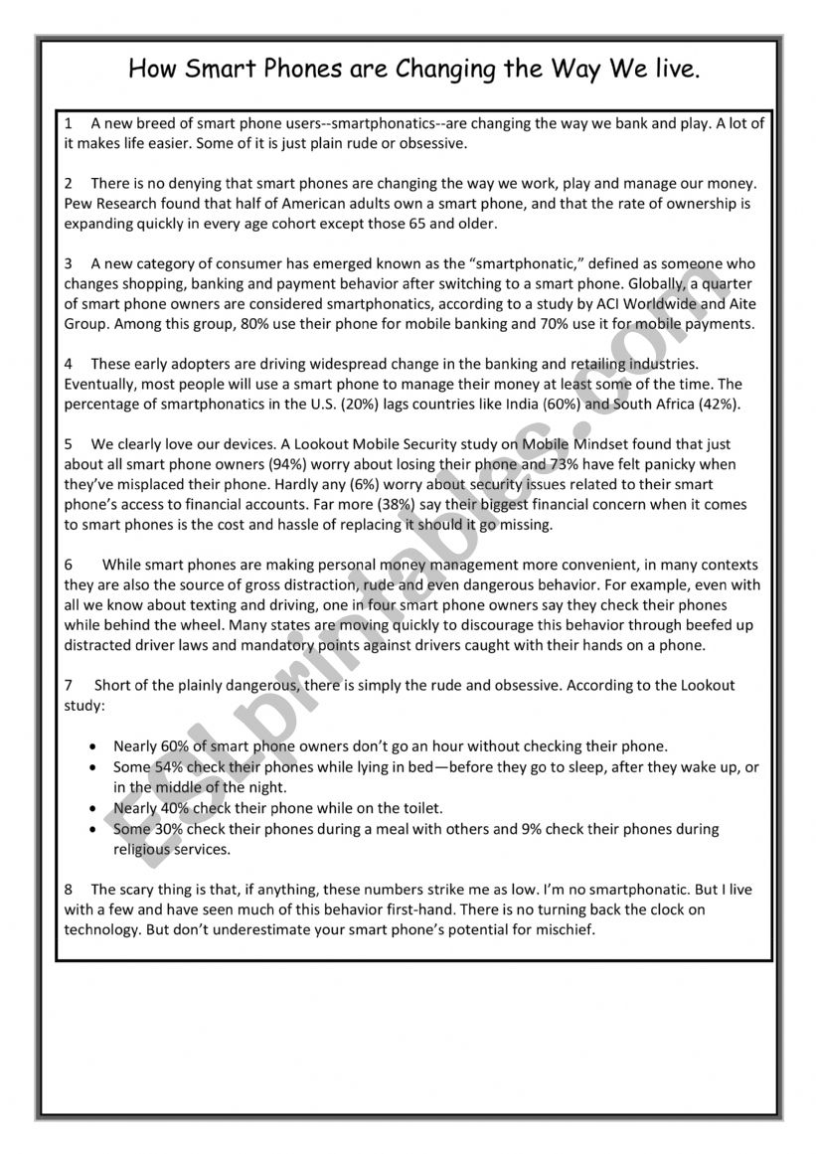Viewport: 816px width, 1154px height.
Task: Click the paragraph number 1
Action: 69,124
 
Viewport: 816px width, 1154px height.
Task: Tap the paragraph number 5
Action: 69,444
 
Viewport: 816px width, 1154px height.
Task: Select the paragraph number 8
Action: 69,890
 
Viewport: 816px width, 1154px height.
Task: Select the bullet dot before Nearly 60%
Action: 93,745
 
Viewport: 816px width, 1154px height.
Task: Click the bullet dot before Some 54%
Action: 93,767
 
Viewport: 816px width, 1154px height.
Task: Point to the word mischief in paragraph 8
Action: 563,929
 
